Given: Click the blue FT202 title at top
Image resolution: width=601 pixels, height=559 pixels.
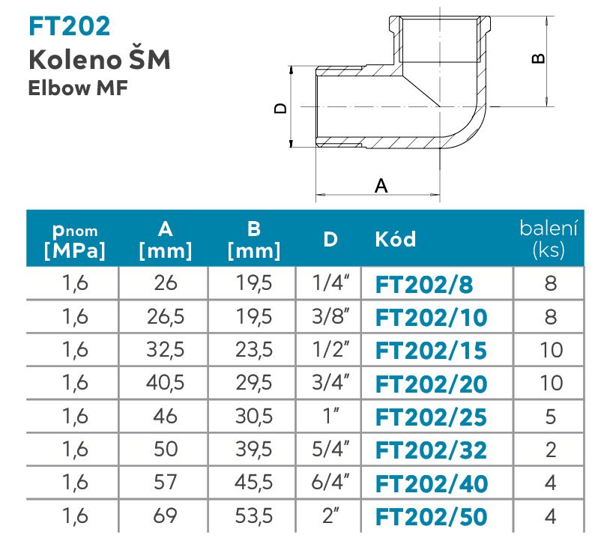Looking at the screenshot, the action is [x=70, y=26].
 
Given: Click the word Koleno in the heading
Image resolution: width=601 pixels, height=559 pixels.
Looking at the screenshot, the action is [x=75, y=60].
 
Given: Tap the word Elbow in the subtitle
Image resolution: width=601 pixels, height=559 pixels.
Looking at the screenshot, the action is [x=59, y=88].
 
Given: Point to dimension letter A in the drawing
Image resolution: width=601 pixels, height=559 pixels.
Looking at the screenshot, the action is [x=381, y=186].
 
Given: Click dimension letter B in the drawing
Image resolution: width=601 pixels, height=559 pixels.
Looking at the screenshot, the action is [x=539, y=58].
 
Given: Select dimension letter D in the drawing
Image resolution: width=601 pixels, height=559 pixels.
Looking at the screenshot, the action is [x=280, y=108].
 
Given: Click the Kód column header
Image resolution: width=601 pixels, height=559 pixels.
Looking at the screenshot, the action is [x=395, y=239].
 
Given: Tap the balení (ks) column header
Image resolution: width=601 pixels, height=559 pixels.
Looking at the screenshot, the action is [x=549, y=239].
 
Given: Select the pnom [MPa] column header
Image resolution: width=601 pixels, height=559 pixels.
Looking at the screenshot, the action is [x=75, y=241].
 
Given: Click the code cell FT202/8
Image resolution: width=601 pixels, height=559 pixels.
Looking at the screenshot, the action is [x=424, y=285].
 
